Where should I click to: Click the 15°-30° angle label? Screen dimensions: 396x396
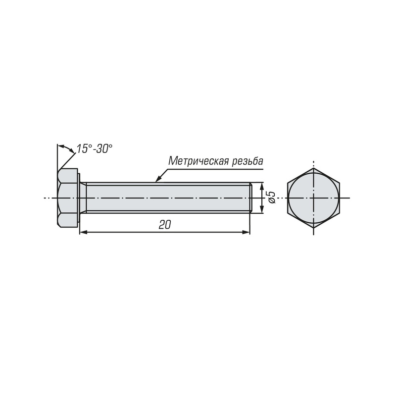[x=94, y=149]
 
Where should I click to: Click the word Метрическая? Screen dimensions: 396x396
[x=199, y=161]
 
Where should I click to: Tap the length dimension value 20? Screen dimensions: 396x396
[x=165, y=225]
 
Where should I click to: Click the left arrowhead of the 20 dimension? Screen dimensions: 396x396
[x=83, y=232]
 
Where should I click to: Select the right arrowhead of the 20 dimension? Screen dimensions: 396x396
[x=246, y=232]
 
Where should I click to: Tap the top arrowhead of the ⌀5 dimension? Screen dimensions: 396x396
[x=262, y=187]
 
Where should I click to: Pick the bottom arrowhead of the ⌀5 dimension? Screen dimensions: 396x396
[x=262, y=209]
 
